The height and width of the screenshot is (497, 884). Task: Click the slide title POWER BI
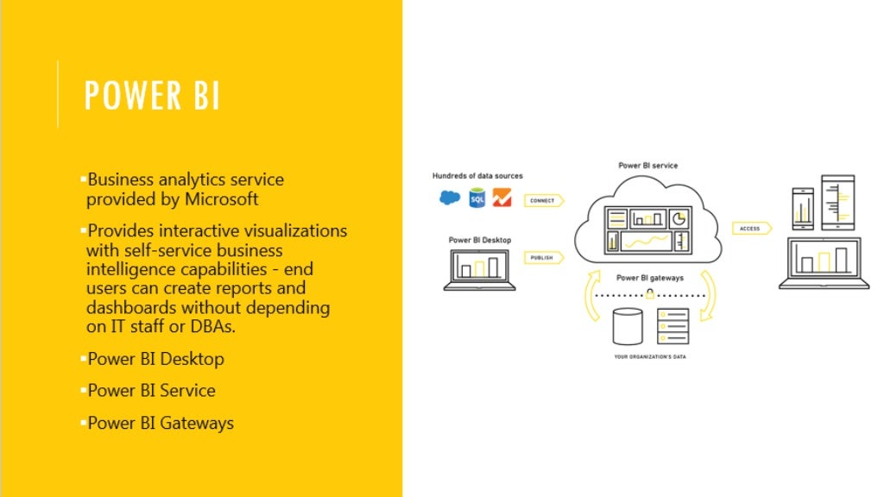click(x=152, y=96)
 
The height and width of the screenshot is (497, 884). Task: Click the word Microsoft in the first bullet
click(x=221, y=199)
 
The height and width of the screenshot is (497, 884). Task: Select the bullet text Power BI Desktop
click(x=155, y=359)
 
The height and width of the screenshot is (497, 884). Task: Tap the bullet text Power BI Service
click(x=151, y=391)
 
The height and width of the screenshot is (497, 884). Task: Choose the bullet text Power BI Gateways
click(x=161, y=423)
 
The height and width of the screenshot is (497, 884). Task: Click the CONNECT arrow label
click(x=543, y=200)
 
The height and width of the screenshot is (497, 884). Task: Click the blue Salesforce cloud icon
click(x=450, y=198)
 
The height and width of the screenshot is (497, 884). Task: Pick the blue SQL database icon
click(x=477, y=198)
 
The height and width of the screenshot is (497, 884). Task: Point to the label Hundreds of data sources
click(x=477, y=176)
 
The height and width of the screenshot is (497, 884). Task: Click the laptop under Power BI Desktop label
click(x=479, y=269)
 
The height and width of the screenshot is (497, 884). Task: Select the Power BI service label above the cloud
click(x=648, y=165)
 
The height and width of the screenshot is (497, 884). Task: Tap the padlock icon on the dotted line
click(x=648, y=294)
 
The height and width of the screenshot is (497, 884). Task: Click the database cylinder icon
click(x=628, y=326)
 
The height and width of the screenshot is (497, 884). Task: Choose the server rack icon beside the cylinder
click(x=672, y=326)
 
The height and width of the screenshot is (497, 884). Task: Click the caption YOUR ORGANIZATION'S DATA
click(x=650, y=356)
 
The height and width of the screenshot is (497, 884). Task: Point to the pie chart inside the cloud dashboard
click(x=679, y=217)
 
